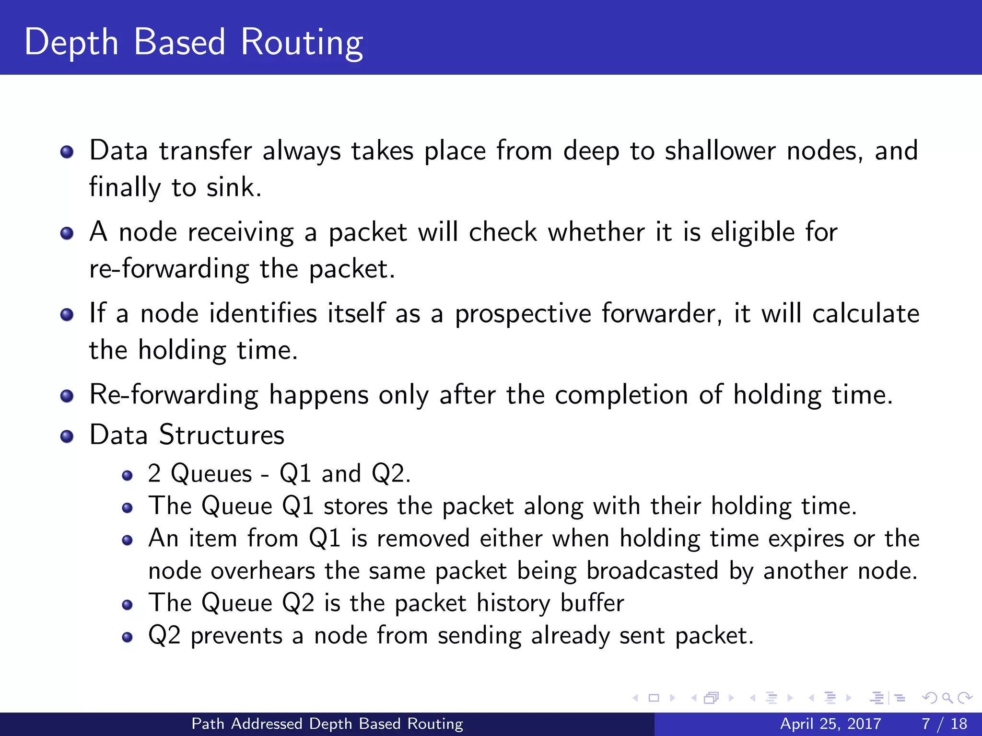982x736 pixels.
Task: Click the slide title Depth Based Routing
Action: [194, 42]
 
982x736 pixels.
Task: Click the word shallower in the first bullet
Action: [720, 150]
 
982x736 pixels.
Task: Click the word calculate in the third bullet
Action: [865, 314]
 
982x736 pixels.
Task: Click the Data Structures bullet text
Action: [187, 435]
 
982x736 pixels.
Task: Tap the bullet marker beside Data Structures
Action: [67, 437]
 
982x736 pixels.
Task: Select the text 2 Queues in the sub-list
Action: [199, 474]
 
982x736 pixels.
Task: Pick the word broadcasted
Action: [652, 571]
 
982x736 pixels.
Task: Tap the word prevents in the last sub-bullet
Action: [236, 636]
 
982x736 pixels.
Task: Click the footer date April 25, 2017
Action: [830, 724]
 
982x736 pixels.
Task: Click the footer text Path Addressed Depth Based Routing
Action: [327, 724]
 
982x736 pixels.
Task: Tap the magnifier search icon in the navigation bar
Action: [947, 698]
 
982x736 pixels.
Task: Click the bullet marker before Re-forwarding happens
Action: [67, 396]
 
